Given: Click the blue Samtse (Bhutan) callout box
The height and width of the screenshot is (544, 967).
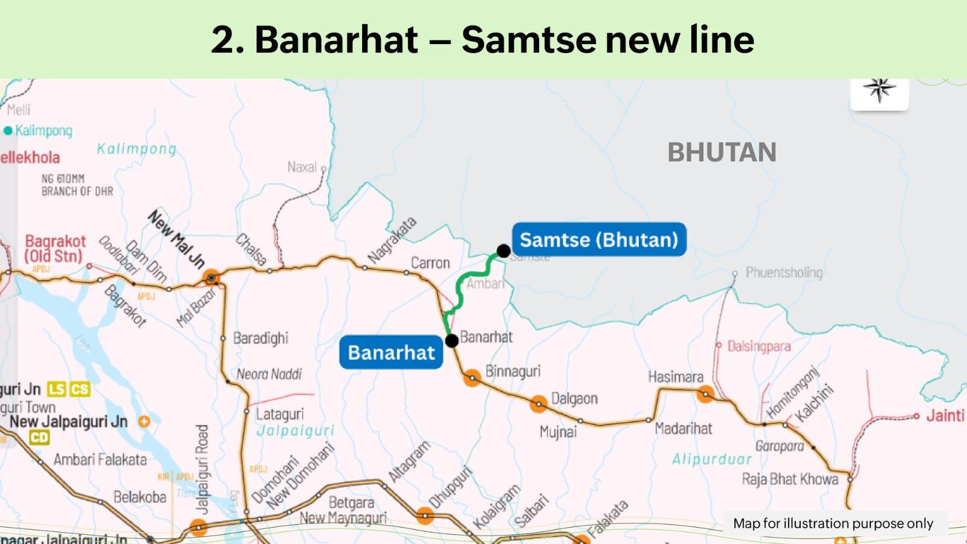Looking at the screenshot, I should [x=598, y=239].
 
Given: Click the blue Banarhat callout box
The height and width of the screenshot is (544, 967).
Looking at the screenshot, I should [x=391, y=352].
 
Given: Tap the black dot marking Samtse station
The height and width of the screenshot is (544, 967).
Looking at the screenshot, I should [x=503, y=251].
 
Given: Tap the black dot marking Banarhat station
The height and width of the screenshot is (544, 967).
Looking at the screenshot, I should [x=451, y=340].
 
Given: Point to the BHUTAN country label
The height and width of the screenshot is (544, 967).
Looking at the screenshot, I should [x=722, y=152].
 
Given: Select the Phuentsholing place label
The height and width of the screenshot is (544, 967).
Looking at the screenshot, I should [x=783, y=273].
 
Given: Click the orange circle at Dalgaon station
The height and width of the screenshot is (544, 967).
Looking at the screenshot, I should [x=538, y=404].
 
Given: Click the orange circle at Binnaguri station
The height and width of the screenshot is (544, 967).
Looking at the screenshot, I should [x=472, y=378].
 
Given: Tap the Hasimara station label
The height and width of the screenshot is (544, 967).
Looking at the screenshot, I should [x=676, y=377].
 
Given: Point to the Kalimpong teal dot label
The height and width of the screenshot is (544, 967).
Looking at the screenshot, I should [x=43, y=131].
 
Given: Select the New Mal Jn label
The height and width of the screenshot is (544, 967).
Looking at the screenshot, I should [x=176, y=239].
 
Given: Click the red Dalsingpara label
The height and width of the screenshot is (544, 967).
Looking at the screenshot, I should [x=758, y=346].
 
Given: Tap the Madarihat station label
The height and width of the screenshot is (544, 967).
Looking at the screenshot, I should [x=684, y=429].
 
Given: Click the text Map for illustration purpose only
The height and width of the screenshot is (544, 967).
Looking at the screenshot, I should [x=833, y=523].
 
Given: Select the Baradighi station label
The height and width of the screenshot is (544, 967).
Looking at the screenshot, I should [x=260, y=338].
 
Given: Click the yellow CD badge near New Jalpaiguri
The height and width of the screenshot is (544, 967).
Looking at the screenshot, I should [x=39, y=438].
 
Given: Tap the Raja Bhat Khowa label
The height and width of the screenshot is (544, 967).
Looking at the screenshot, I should [x=790, y=479].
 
